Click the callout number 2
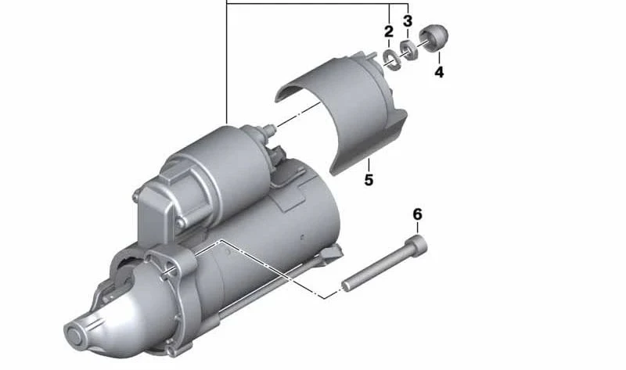(389, 31)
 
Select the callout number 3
(407, 21)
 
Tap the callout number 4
(439, 72)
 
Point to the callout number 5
(369, 180)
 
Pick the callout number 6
(417, 214)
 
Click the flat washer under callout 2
(391, 60)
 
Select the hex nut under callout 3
(408, 50)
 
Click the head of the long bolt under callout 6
(416, 244)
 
